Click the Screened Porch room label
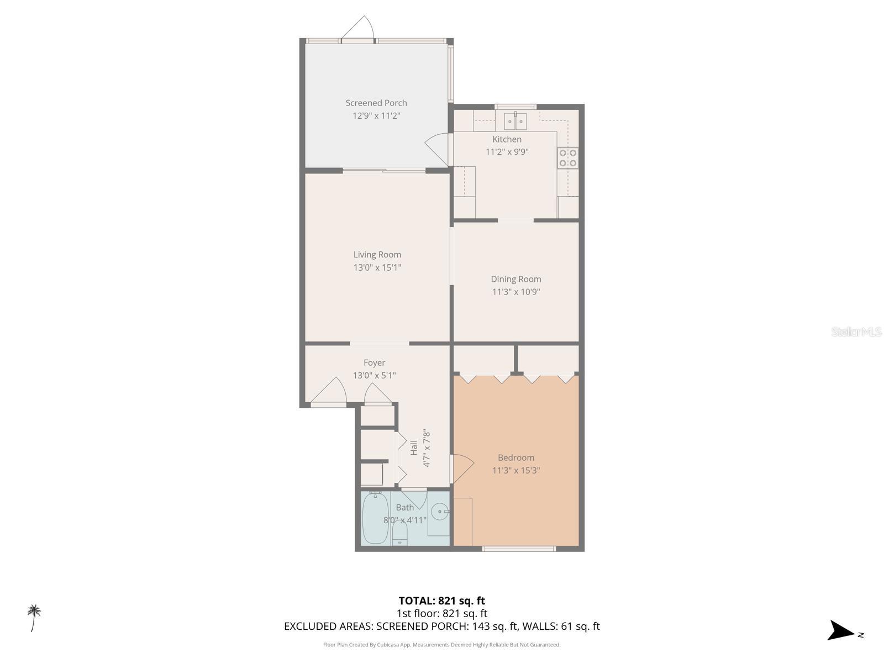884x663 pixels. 376,103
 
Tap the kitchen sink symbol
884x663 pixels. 515,120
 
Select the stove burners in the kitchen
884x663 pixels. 568,157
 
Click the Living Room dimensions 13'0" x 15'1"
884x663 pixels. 377,267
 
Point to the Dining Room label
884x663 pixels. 516,279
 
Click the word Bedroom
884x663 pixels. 516,457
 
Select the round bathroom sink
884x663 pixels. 440,512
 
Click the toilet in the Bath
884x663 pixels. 399,532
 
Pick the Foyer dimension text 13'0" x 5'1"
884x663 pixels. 374,375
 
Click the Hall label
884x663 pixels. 414,448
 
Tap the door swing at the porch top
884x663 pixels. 359,29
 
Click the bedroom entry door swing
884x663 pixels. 462,467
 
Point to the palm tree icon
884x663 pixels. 34,617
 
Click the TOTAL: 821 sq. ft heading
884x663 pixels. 441,601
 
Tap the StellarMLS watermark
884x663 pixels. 856,331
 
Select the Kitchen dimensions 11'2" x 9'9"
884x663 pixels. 507,152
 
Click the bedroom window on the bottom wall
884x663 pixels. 519,549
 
